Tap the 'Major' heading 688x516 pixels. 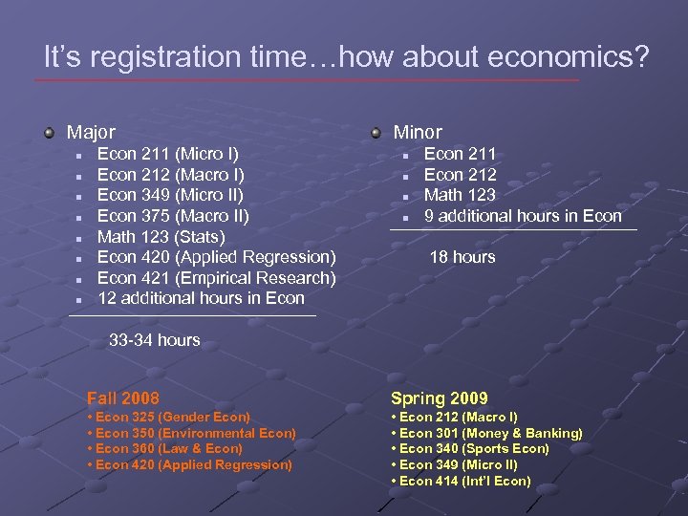tap(91, 133)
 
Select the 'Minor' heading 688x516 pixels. tap(418, 133)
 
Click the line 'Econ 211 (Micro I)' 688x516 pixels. tap(168, 154)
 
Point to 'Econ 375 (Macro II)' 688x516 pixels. tap(173, 216)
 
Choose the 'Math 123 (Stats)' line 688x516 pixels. tap(161, 237)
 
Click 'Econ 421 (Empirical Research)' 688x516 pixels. tap(217, 278)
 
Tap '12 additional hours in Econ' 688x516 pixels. tap(201, 298)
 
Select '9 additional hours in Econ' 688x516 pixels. tap(523, 216)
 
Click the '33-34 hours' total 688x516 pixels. tap(155, 340)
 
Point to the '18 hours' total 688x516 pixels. tap(462, 257)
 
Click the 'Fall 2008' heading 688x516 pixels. tap(123, 398)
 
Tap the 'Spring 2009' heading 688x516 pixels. tap(440, 398)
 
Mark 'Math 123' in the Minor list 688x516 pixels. tap(460, 195)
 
